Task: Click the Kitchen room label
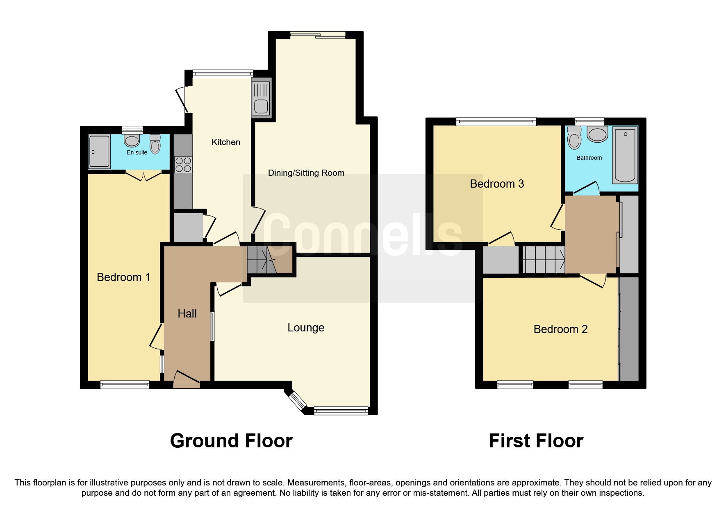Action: click(225, 142)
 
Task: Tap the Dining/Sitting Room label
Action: click(306, 173)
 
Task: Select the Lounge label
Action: click(306, 328)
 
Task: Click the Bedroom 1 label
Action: click(123, 277)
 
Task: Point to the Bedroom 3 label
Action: click(497, 184)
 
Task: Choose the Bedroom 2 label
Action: click(560, 329)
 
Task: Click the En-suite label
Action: click(137, 152)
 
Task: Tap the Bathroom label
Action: click(589, 158)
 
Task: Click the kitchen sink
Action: click(261, 99)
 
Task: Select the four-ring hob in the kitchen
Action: click(183, 165)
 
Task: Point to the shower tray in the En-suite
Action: click(99, 151)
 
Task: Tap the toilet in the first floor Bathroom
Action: click(575, 138)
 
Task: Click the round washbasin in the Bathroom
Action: click(597, 134)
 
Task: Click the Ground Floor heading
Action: click(231, 441)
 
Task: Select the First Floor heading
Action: click(536, 441)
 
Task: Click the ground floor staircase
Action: click(262, 261)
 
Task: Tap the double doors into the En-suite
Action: click(143, 176)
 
